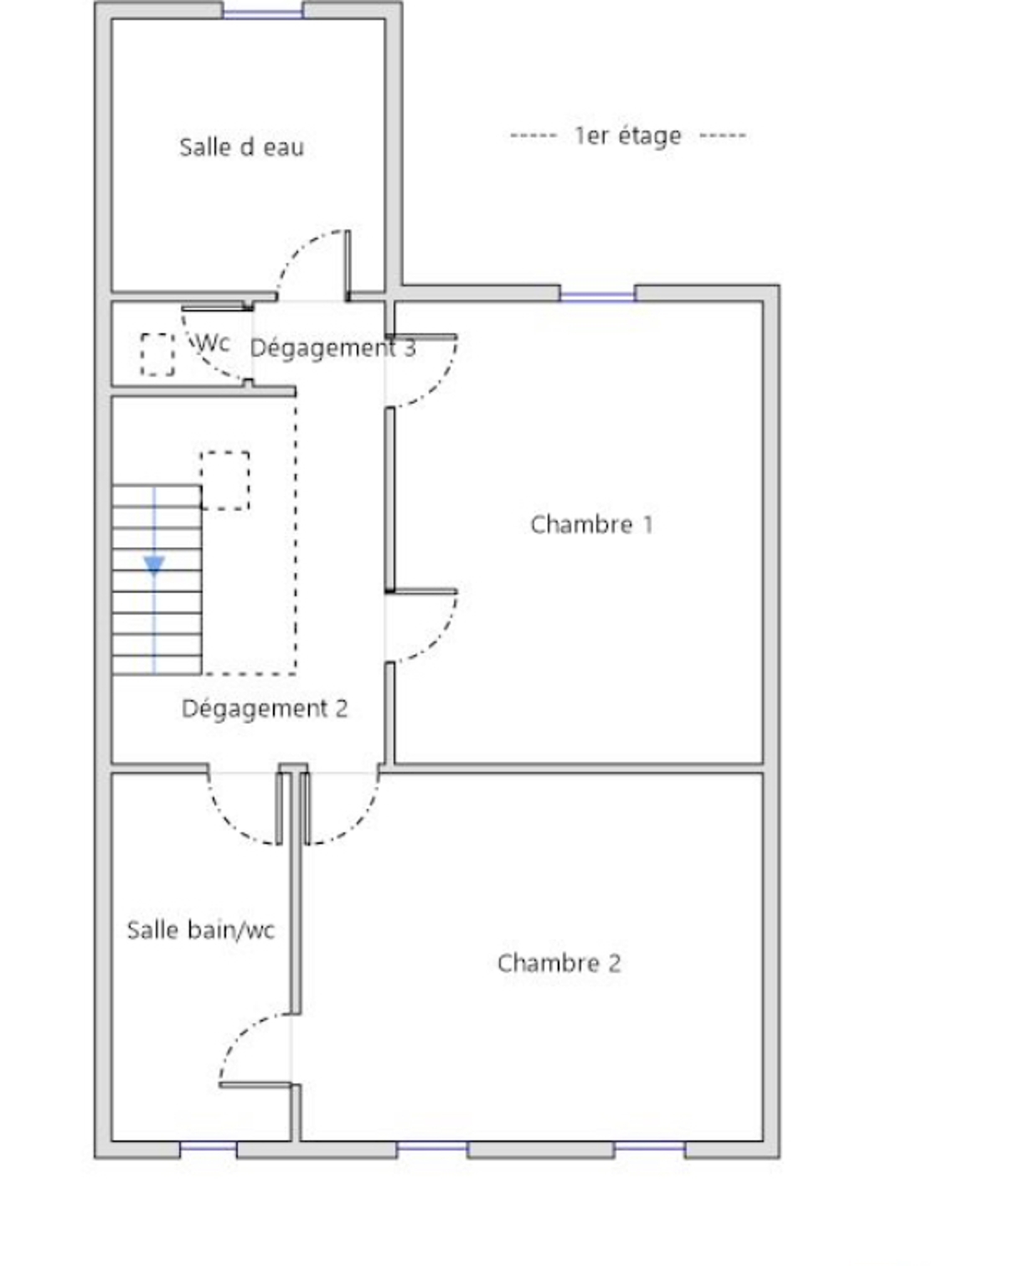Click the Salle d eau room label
point(241,147)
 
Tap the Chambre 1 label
point(591,524)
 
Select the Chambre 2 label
point(559,963)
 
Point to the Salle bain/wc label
point(201,930)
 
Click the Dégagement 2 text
point(265,709)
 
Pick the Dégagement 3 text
point(333,347)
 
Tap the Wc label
point(213,342)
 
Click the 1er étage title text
point(628,136)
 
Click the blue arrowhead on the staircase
point(154,565)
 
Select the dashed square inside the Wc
point(157,354)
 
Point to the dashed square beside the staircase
point(224,481)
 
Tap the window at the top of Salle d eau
point(262,13)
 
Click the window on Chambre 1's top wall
point(597,296)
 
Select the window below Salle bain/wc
point(208,1146)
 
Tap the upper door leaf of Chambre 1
point(421,337)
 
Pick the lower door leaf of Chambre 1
point(421,591)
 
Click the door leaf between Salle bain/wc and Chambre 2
point(255,1085)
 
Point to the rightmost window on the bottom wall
point(650,1146)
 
